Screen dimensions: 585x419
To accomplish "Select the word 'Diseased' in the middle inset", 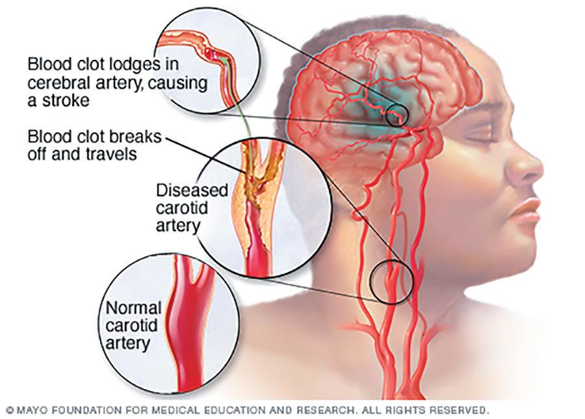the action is click(192, 191).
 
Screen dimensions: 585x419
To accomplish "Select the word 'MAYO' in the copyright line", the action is click(26, 411).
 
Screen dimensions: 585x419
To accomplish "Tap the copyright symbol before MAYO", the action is click(6, 411).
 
